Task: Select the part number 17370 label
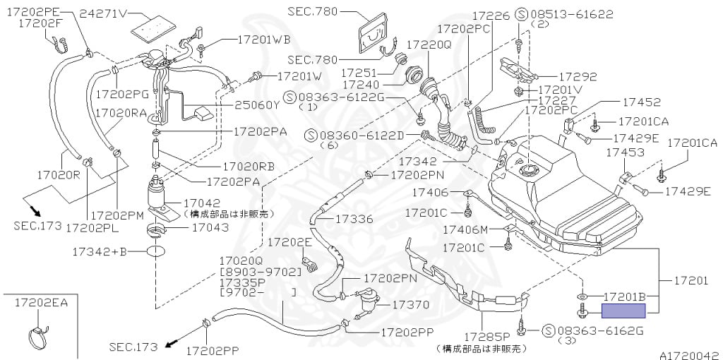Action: tap(410, 305)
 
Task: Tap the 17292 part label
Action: tap(578, 77)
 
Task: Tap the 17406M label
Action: tap(465, 229)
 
